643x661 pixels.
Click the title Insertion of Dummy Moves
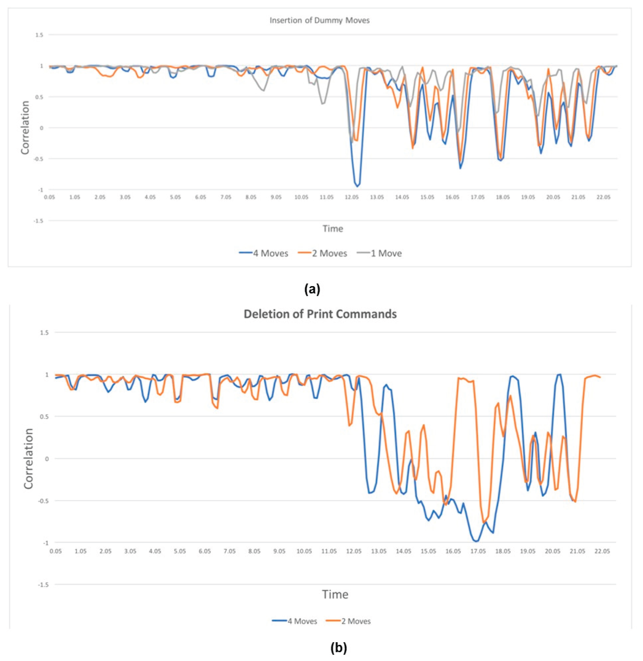coord(319,20)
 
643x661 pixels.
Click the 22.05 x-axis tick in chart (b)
coord(602,551)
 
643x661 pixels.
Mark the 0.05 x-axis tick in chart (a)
coord(50,197)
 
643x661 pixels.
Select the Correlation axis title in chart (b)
coord(29,459)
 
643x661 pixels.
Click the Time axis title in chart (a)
coord(333,229)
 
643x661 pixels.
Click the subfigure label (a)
coord(312,289)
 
